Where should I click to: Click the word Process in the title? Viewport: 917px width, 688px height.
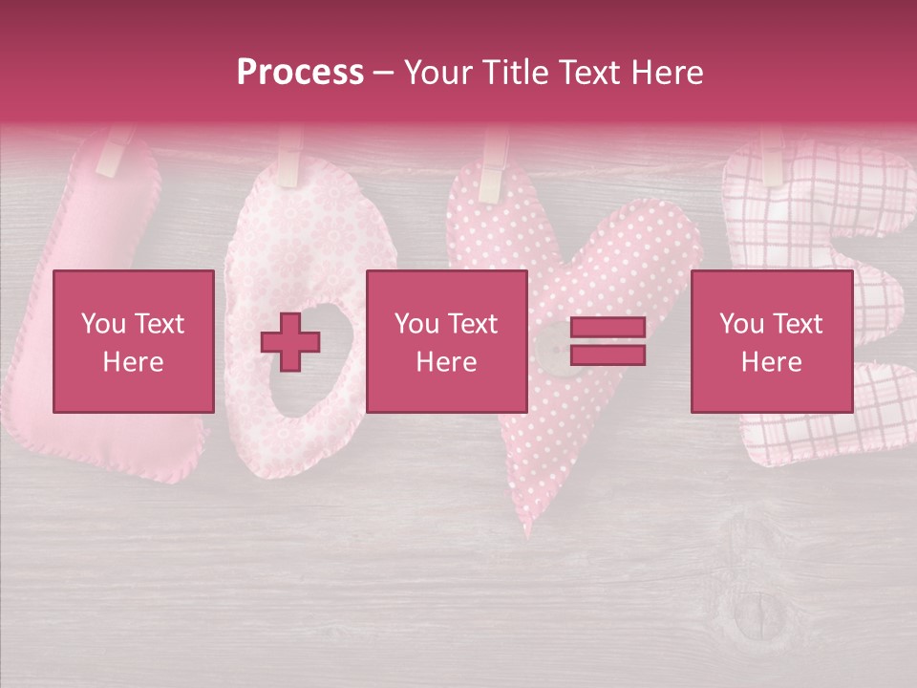[300, 73]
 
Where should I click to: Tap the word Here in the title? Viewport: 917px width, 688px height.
[665, 73]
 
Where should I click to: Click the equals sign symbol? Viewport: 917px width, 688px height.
[608, 341]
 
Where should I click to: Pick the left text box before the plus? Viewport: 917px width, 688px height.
[133, 341]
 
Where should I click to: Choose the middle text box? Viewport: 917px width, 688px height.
[446, 341]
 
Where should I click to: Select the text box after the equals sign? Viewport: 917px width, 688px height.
[771, 341]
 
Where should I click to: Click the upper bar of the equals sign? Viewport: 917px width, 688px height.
[608, 328]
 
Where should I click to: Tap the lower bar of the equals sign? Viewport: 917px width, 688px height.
[608, 355]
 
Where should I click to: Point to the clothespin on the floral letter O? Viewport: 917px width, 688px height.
[289, 158]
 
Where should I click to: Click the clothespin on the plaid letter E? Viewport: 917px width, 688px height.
[770, 158]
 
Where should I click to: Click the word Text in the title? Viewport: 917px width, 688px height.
[594, 73]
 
